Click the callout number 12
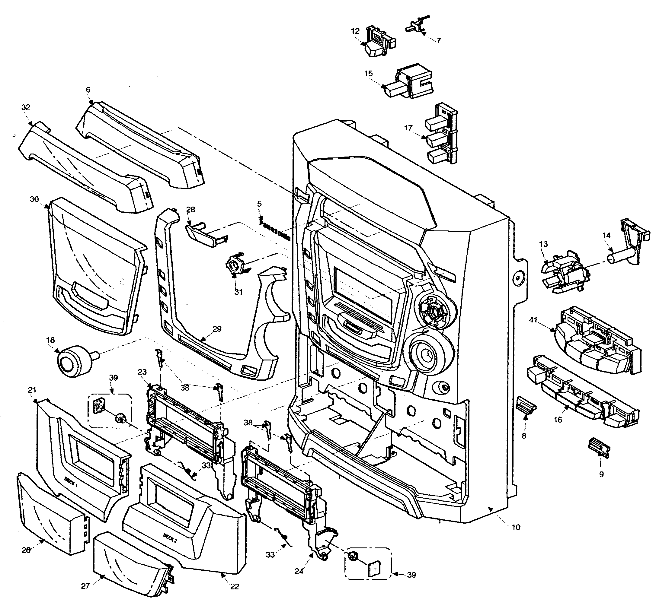coord(355,31)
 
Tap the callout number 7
coord(439,41)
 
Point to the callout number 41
coord(533,320)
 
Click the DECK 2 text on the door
coord(170,538)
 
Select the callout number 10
coord(516,527)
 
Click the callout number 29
coord(217,329)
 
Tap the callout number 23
coord(142,372)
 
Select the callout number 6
coord(88,90)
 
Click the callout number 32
coord(26,107)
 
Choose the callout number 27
coord(85,595)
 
